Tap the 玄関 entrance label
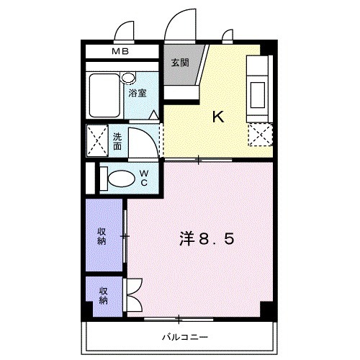coord(180,63)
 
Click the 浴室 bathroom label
coord(138,93)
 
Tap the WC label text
coord(144,177)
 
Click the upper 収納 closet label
coord(104,235)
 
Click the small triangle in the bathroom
coord(154,114)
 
